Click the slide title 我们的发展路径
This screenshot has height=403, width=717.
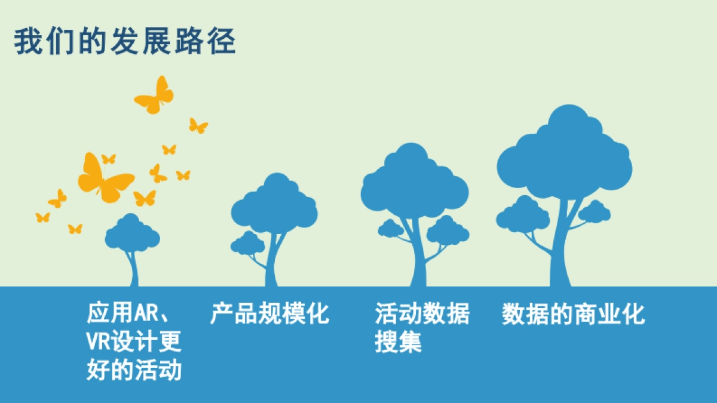tap(125, 41)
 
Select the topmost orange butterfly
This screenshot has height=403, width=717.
tap(155, 96)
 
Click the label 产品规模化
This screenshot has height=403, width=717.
tap(269, 313)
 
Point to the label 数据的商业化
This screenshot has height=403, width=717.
tap(573, 313)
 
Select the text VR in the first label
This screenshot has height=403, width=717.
tap(99, 342)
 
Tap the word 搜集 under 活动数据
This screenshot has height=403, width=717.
tap(399, 342)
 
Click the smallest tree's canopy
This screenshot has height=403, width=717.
tap(132, 233)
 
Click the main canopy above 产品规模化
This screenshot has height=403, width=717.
tap(275, 206)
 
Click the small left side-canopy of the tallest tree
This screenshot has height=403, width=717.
tap(522, 214)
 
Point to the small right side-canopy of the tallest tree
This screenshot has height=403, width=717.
tap(594, 211)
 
